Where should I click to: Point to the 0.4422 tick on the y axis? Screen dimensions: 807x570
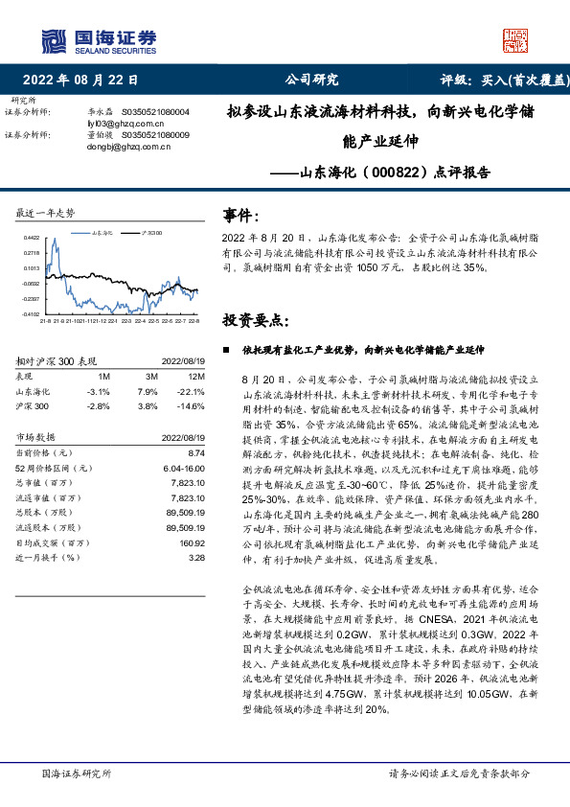32,239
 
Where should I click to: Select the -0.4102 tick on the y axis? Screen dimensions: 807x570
31,313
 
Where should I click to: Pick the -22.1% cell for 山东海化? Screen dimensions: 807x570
194,391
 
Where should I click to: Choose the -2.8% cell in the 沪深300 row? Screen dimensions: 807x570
98,406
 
